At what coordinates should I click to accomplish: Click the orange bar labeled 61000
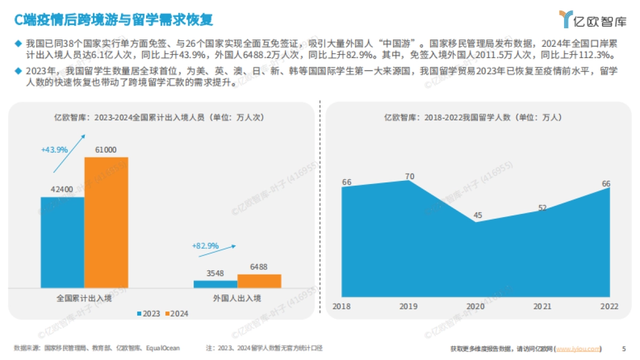point(106,222)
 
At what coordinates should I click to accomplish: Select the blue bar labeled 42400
point(62,242)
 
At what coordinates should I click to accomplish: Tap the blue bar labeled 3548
point(215,284)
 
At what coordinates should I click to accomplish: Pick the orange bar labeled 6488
point(259,281)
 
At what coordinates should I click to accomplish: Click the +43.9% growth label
point(54,150)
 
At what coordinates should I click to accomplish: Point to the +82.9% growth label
point(205,246)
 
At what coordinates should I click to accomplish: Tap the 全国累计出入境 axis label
point(84,298)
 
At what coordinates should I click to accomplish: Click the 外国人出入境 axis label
point(237,298)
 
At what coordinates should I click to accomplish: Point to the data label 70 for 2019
point(410,177)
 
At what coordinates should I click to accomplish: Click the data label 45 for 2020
point(478,215)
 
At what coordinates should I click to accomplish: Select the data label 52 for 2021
point(542,208)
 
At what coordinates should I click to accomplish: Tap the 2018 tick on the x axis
point(341,306)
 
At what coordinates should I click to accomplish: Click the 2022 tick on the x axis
point(609,306)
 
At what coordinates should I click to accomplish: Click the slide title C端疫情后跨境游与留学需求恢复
point(114,20)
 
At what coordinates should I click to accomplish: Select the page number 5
point(624,349)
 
